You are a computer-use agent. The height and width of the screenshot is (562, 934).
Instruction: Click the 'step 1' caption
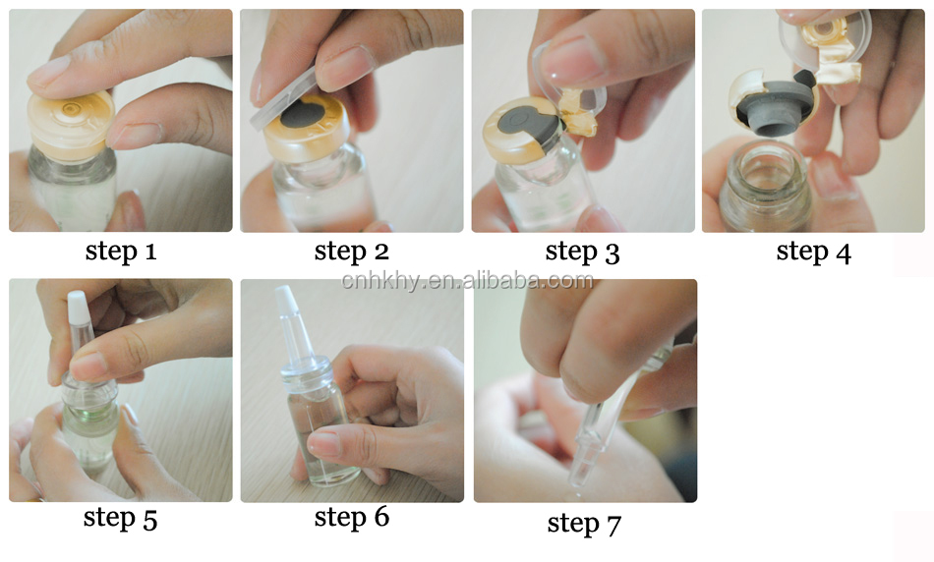pos(121,252)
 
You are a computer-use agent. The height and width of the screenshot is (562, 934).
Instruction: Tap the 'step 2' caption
pos(351,252)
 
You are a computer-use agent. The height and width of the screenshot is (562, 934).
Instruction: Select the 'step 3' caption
pos(583,253)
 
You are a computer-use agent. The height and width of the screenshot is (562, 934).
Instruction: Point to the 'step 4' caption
pos(814,252)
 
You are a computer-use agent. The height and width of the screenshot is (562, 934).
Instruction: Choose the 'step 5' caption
pos(120,518)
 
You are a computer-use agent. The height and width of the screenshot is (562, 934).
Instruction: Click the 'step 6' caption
pos(351,517)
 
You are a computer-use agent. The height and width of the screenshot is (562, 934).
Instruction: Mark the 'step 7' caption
pos(584,524)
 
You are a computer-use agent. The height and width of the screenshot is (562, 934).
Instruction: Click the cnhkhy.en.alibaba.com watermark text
pos(467,280)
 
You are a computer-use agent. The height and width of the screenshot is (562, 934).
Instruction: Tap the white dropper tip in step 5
pos(78,308)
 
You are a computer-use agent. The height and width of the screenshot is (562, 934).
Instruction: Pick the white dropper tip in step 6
pos(287,302)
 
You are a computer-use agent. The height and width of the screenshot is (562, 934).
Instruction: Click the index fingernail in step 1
pos(47,72)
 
